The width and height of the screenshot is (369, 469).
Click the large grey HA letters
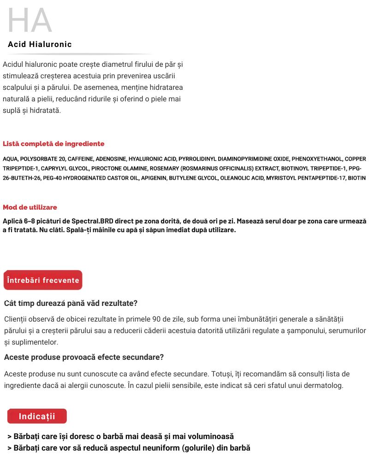(30, 21)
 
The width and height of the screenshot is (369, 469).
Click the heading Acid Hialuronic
(40, 45)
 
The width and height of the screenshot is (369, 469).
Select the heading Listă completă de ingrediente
(54, 144)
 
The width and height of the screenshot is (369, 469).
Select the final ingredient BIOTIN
(357, 178)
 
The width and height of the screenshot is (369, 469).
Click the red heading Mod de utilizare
(30, 207)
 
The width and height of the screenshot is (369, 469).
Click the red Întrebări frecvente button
(43, 280)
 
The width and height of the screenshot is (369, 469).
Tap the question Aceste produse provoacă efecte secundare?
(84, 358)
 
